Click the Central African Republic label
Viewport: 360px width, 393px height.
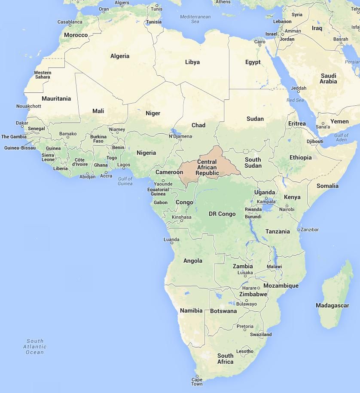click(207, 168)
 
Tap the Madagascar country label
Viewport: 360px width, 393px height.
click(332, 305)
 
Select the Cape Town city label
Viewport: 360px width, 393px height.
click(197, 381)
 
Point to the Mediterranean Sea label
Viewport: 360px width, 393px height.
click(195, 19)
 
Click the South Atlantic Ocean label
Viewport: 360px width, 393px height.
click(35, 347)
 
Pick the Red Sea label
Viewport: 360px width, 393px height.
click(295, 100)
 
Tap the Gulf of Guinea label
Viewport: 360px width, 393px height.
click(125, 181)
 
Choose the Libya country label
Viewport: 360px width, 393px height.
click(192, 62)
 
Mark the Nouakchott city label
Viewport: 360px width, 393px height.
click(29, 106)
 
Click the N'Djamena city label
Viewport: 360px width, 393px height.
click(180, 136)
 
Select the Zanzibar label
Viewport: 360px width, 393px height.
click(309, 230)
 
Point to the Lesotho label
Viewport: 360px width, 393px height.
click(245, 351)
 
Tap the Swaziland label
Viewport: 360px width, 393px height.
click(261, 335)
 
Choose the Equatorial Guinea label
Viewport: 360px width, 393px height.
click(158, 192)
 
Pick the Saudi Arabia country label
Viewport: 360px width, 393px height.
click(329, 78)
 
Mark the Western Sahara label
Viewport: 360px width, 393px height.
click(43, 75)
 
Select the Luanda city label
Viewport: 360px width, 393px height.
click(171, 239)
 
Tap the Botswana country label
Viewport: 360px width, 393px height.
click(223, 311)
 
